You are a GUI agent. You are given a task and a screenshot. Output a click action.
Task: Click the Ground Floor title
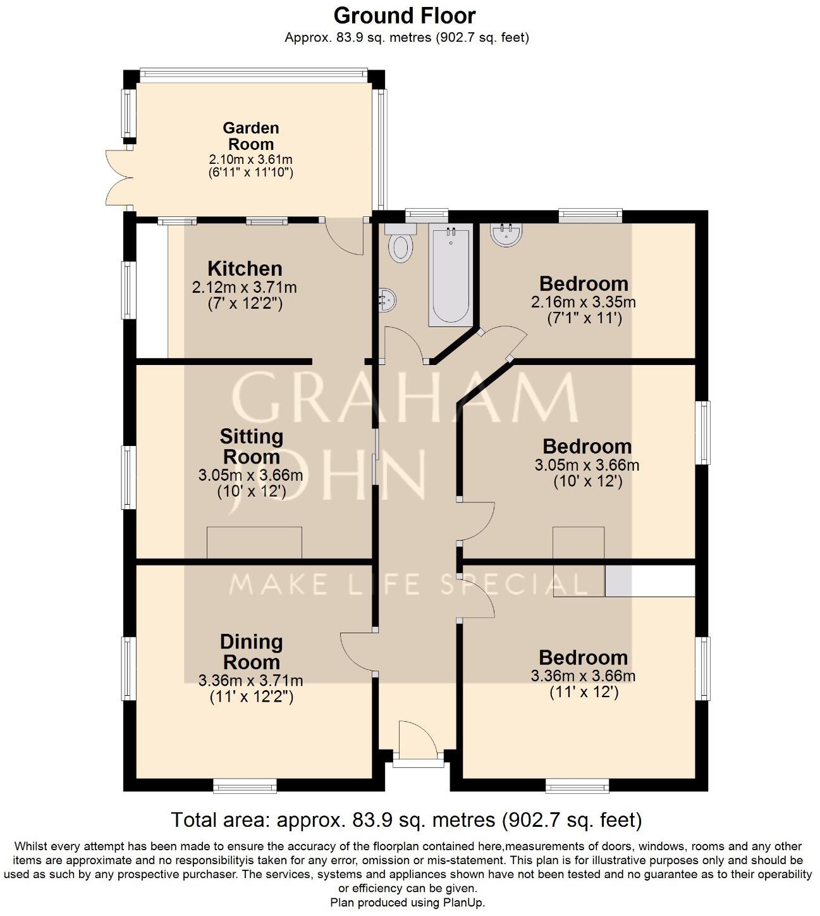405,15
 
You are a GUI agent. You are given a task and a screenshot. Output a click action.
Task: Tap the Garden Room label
251,136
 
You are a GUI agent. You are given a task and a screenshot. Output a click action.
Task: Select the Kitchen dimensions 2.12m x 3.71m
245,287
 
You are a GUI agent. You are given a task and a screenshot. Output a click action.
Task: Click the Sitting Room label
251,447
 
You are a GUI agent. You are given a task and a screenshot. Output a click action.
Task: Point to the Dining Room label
251,652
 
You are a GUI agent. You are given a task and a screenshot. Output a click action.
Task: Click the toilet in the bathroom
400,245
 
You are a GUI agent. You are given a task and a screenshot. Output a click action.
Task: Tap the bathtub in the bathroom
450,276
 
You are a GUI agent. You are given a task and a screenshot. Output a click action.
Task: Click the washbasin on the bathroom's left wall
387,300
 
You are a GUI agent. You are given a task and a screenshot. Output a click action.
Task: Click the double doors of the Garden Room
116,177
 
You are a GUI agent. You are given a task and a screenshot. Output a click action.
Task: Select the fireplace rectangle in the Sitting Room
254,543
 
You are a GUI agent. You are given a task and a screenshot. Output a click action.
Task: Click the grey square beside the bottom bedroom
618,581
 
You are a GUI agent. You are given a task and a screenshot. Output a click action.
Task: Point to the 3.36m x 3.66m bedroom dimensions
583,676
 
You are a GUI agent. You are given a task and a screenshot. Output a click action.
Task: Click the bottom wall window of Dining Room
245,786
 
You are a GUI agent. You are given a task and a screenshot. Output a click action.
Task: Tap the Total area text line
407,820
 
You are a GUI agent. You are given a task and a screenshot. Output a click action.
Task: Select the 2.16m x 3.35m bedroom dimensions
584,302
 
